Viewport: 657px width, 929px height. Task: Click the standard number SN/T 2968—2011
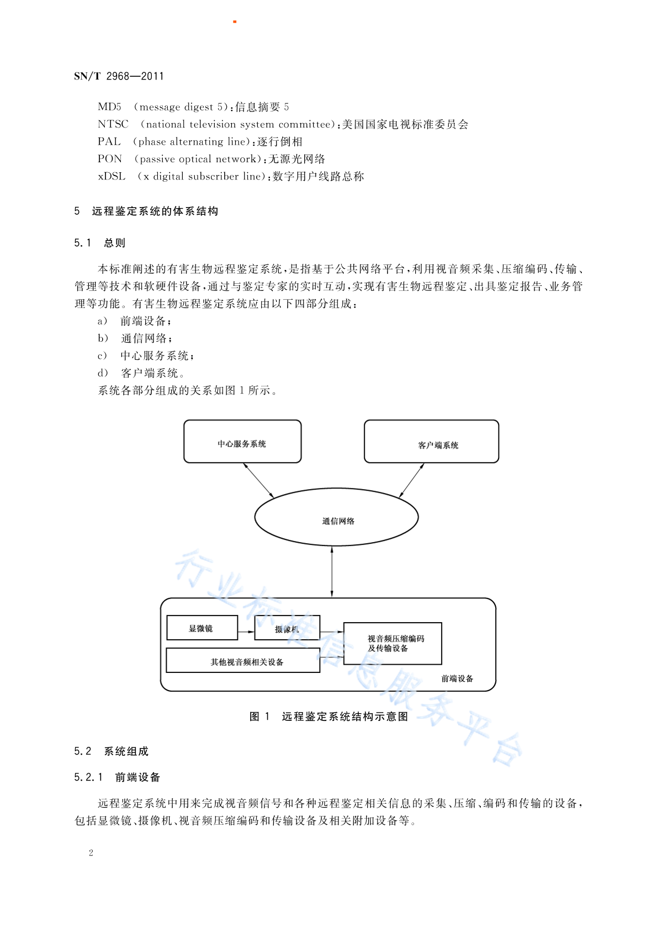[119, 76]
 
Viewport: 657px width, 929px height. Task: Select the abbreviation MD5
[109, 107]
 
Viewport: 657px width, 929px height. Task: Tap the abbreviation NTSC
[113, 124]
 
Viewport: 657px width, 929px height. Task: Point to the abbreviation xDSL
[112, 176]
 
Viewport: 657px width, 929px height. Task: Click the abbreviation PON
[110, 159]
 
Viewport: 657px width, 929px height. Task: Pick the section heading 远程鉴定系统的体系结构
[155, 211]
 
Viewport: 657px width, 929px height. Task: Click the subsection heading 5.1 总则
[99, 243]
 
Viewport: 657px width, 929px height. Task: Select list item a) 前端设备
[134, 321]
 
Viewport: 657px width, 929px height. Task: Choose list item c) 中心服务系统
[146, 356]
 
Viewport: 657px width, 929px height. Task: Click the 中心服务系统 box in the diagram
[242, 441]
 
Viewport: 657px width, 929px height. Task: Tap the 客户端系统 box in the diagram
[431, 441]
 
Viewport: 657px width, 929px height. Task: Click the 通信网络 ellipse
[336, 517]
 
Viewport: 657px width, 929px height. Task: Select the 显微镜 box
[202, 628]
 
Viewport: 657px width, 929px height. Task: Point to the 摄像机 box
[287, 628]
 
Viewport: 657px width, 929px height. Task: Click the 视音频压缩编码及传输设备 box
[393, 643]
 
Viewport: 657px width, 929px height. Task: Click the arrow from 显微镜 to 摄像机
[246, 631]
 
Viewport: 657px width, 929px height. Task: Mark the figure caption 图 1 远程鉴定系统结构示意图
[329, 716]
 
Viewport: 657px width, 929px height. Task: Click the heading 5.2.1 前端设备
[117, 777]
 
